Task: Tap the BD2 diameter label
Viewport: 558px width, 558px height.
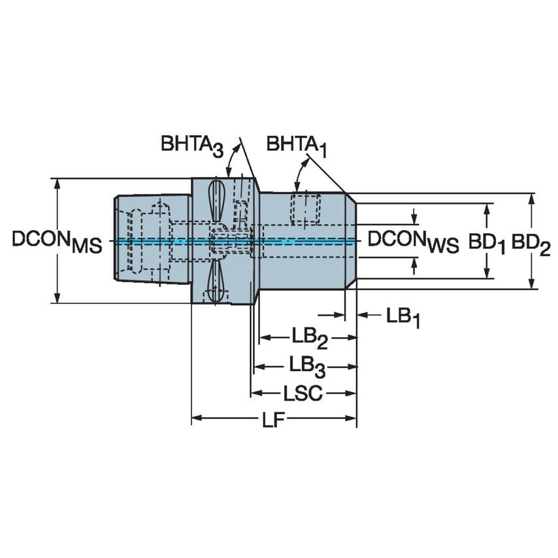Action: (x=531, y=243)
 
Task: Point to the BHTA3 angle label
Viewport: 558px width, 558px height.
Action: (x=192, y=145)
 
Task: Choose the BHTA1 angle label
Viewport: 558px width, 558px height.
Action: (x=295, y=145)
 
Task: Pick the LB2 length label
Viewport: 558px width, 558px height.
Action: (x=309, y=338)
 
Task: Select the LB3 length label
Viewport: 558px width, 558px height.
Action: (x=306, y=365)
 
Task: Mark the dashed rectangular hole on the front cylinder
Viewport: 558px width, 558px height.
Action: (x=303, y=208)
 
